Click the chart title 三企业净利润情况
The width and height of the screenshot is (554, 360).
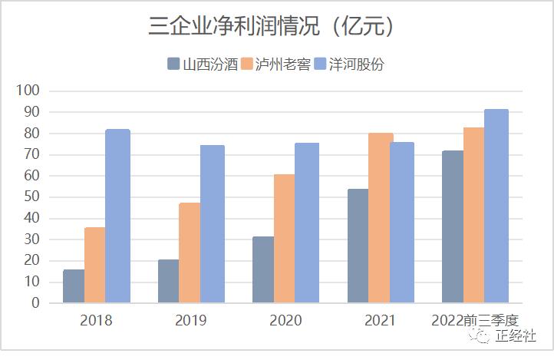coord(272,26)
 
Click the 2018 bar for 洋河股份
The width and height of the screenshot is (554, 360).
coord(117,216)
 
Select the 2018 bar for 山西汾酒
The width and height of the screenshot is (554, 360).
coord(74,286)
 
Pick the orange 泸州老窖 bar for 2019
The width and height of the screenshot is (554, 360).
coord(190,253)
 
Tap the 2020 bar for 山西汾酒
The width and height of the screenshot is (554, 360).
coord(263,269)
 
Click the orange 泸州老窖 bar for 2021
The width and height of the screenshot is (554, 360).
coord(381,218)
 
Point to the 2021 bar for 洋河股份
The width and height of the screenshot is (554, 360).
coord(402,223)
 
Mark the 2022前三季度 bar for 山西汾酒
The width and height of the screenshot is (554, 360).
coord(453,226)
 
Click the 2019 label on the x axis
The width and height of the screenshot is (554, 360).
coord(190,320)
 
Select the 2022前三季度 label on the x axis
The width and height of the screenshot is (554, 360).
coord(475,320)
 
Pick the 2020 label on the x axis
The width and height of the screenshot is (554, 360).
coord(285,320)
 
